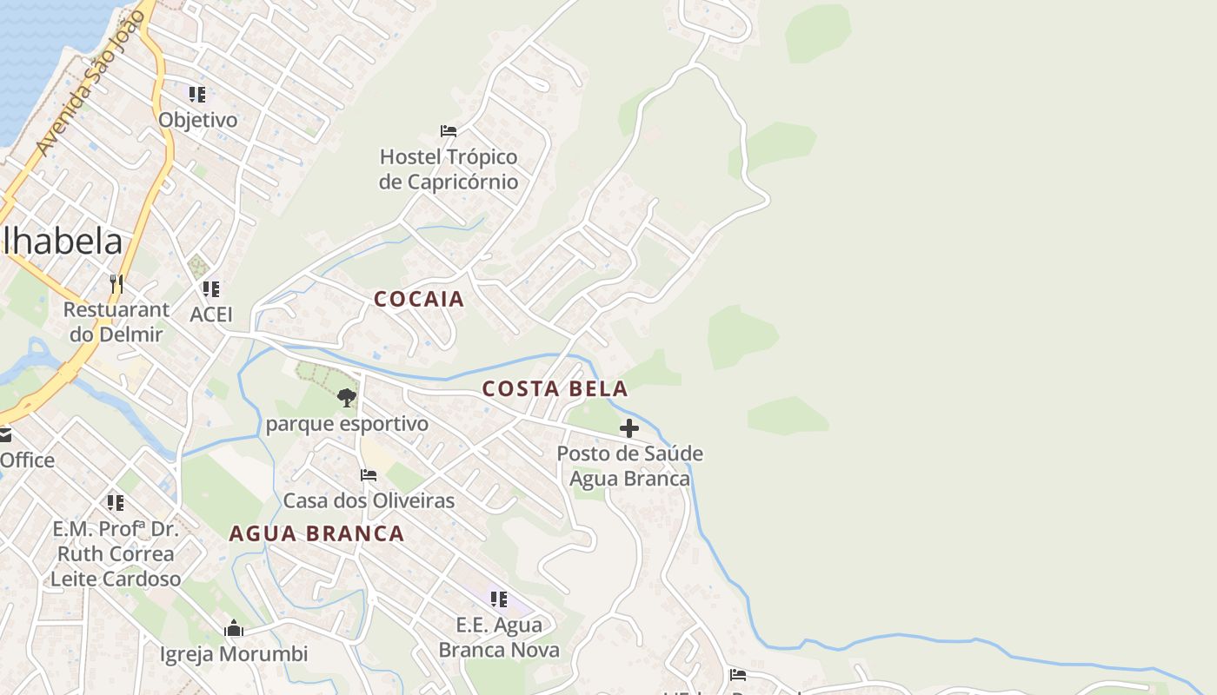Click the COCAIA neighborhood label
pyautogui.click(x=419, y=300)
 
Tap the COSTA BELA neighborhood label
pyautogui.click(x=555, y=389)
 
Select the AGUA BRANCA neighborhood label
pyautogui.click(x=316, y=533)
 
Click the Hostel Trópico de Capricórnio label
pyautogui.click(x=449, y=169)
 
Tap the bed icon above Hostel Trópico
pyautogui.click(x=449, y=131)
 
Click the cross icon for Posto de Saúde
pyautogui.click(x=629, y=428)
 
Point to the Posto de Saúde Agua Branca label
pyautogui.click(x=629, y=466)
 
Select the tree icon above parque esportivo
pyautogui.click(x=347, y=398)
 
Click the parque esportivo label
pyautogui.click(x=347, y=424)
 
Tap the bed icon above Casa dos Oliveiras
pyautogui.click(x=369, y=475)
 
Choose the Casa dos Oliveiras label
pyautogui.click(x=369, y=500)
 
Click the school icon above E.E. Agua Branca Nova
pyautogui.click(x=498, y=599)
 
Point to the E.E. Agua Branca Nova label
pyautogui.click(x=499, y=637)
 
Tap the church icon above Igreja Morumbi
pyautogui.click(x=234, y=628)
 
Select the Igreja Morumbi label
pyautogui.click(x=234, y=654)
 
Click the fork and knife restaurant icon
pyautogui.click(x=116, y=283)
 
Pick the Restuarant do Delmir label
pyautogui.click(x=116, y=321)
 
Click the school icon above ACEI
pyautogui.click(x=210, y=288)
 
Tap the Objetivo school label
pyautogui.click(x=197, y=120)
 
